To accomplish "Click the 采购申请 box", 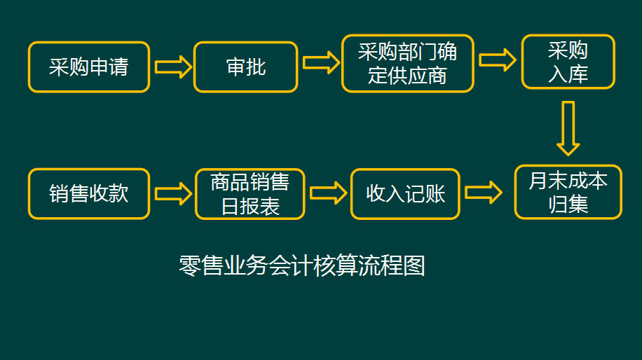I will (x=89, y=67).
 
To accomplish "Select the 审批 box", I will (x=245, y=67).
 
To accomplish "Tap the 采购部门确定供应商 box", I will (x=407, y=63).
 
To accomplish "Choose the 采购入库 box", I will (x=568, y=62).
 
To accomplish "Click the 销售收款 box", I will (x=89, y=193).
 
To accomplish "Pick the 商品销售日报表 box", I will (x=250, y=194).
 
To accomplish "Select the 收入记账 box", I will (x=405, y=193).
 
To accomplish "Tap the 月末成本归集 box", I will (x=568, y=192).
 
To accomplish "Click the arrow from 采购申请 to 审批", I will (x=172, y=67).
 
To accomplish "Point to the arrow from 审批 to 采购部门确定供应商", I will (x=320, y=62).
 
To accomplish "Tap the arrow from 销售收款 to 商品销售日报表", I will (x=172, y=193).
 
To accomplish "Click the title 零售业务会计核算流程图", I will (x=302, y=265).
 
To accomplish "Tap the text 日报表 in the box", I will (x=250, y=207).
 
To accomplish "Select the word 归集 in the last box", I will (x=568, y=205).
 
